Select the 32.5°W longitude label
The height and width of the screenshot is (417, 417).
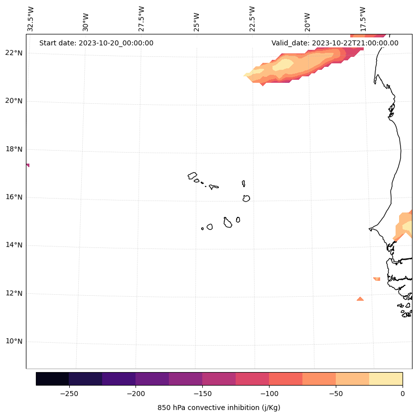coord(31,19)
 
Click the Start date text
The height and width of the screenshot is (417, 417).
coord(96,43)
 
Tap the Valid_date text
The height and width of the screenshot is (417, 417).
coord(335,43)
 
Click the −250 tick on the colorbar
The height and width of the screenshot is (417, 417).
coord(69,394)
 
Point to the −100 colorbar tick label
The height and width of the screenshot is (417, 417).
coord(269,394)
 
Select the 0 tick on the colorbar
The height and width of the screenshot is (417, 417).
coord(402,394)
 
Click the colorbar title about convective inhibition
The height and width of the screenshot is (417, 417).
coord(219,408)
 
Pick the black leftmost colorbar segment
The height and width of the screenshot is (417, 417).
coord(52,379)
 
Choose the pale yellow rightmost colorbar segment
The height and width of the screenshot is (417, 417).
coord(386,379)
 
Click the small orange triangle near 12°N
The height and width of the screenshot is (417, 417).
coord(360,299)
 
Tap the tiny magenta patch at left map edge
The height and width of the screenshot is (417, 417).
coord(27,165)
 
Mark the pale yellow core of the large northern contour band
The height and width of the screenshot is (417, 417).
coord(284,65)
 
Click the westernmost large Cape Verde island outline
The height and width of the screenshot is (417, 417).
coord(192,176)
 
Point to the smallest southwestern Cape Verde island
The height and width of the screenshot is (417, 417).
coord(202,228)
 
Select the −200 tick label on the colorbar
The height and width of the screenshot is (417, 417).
coord(136,394)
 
